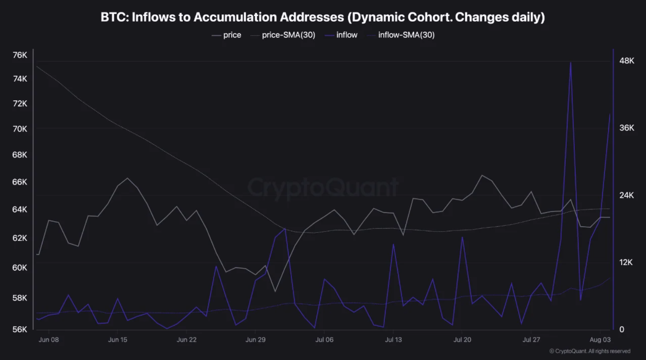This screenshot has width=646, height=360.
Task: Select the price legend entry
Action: point(226,35)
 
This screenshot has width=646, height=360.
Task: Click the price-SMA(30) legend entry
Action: point(283,35)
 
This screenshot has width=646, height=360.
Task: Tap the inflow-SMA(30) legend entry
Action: point(401,35)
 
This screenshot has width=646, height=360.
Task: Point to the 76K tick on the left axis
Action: point(20,55)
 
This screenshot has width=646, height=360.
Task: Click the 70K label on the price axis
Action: point(20,129)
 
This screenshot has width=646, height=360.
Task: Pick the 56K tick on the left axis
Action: point(20,329)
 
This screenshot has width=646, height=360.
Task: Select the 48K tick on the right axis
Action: point(627,61)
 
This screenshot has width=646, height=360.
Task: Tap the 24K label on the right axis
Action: point(627,195)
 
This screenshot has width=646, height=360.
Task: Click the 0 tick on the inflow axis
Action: point(622,329)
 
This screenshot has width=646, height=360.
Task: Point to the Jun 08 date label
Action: point(49,340)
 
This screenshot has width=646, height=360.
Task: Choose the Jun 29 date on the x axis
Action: point(255,340)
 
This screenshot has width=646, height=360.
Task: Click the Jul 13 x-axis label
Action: point(393,340)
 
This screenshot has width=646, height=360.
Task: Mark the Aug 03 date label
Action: point(600,340)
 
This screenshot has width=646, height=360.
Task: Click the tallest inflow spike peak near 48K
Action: point(571,63)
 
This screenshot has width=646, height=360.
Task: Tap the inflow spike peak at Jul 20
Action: point(462,237)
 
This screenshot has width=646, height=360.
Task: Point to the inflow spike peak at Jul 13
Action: point(393,244)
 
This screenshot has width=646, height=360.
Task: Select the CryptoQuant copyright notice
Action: point(590,351)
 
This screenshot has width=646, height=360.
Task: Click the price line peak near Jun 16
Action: point(127,178)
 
